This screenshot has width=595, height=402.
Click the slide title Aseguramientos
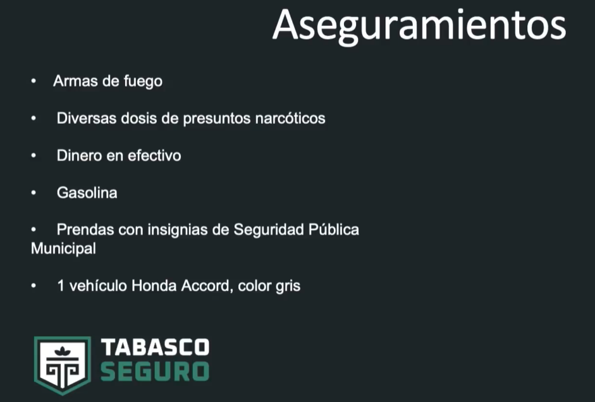point(419,27)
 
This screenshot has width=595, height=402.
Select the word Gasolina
point(87,193)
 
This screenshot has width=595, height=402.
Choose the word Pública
point(334,230)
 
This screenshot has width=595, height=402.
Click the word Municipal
point(63,249)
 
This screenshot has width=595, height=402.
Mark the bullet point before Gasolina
point(34,193)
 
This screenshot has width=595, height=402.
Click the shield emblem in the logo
point(63,365)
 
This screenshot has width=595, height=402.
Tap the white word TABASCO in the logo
point(155,347)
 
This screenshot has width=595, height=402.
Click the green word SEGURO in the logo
point(155,371)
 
